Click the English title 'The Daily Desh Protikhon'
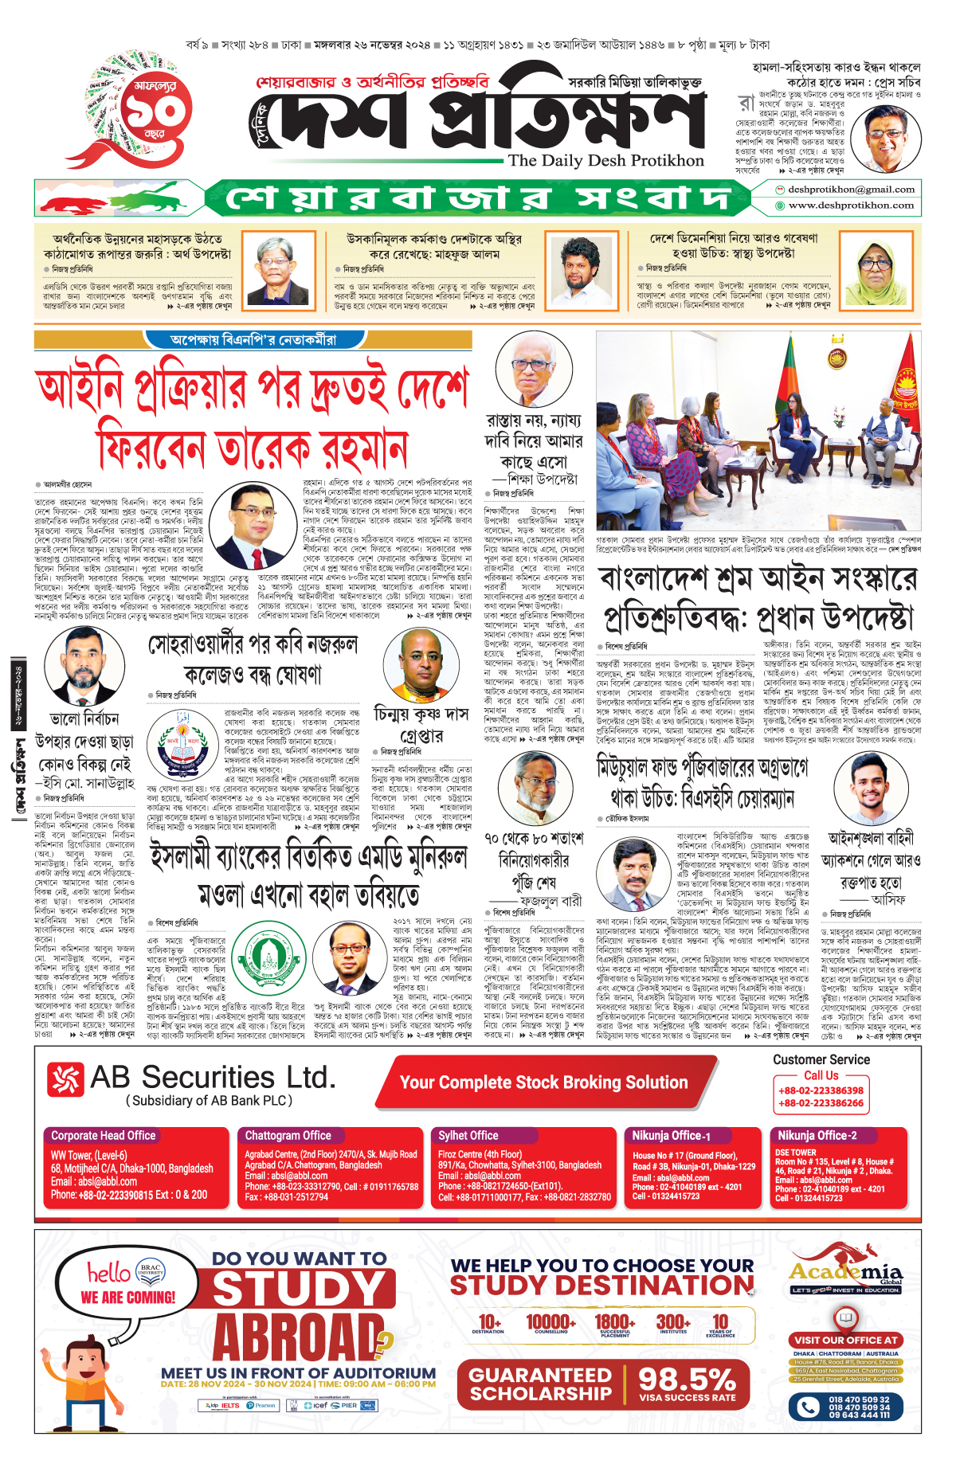point(605,160)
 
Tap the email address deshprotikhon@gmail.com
point(851,190)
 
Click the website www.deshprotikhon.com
point(851,206)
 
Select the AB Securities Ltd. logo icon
point(66,1080)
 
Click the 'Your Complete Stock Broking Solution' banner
point(543,1082)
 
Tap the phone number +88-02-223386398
point(821,1090)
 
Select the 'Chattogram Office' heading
point(288,1136)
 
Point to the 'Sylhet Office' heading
point(468,1136)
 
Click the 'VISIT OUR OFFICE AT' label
point(846,1340)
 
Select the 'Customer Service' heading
point(821,1060)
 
